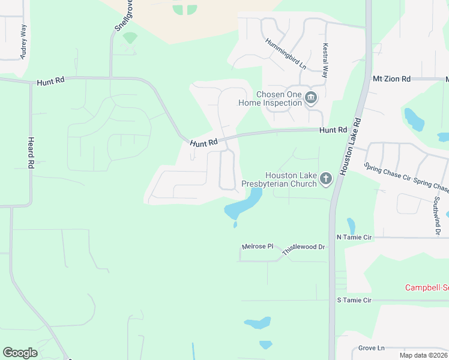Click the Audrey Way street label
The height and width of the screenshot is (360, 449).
(x=23, y=41)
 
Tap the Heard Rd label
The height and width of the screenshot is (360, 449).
(x=31, y=152)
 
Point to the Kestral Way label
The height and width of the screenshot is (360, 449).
(x=325, y=61)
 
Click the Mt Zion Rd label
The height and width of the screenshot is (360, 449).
(x=391, y=79)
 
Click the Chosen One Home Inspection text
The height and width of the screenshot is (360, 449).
(x=270, y=98)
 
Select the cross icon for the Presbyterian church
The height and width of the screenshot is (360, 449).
(x=326, y=179)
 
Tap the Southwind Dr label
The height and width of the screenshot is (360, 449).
(x=438, y=215)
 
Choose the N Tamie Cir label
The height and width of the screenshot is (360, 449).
(x=354, y=238)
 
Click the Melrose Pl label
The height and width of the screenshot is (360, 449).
(x=257, y=247)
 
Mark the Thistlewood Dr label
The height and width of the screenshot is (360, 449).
(x=303, y=247)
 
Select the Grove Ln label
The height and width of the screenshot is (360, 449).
(x=371, y=348)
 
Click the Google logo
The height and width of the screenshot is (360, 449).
(x=20, y=353)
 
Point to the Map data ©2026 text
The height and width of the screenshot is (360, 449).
(x=423, y=355)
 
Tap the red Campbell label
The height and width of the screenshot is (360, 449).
(x=426, y=287)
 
